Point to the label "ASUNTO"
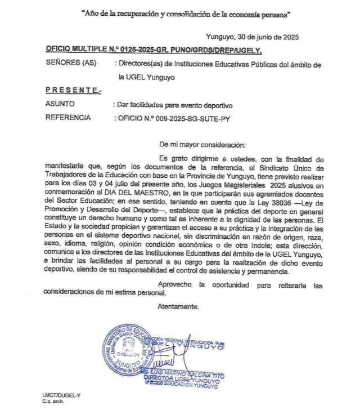click(x=58, y=105)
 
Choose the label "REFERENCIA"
click(x=67, y=118)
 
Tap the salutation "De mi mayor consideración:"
click(x=202, y=144)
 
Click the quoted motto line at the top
click(x=180, y=12)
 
